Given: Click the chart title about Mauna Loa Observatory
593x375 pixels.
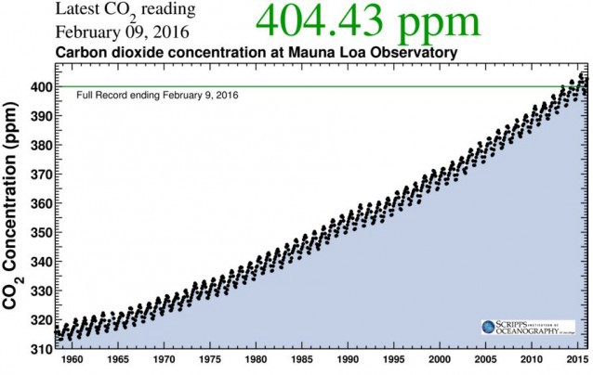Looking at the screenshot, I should click(x=257, y=54).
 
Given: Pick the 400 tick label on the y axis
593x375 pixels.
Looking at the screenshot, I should click(x=40, y=87).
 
